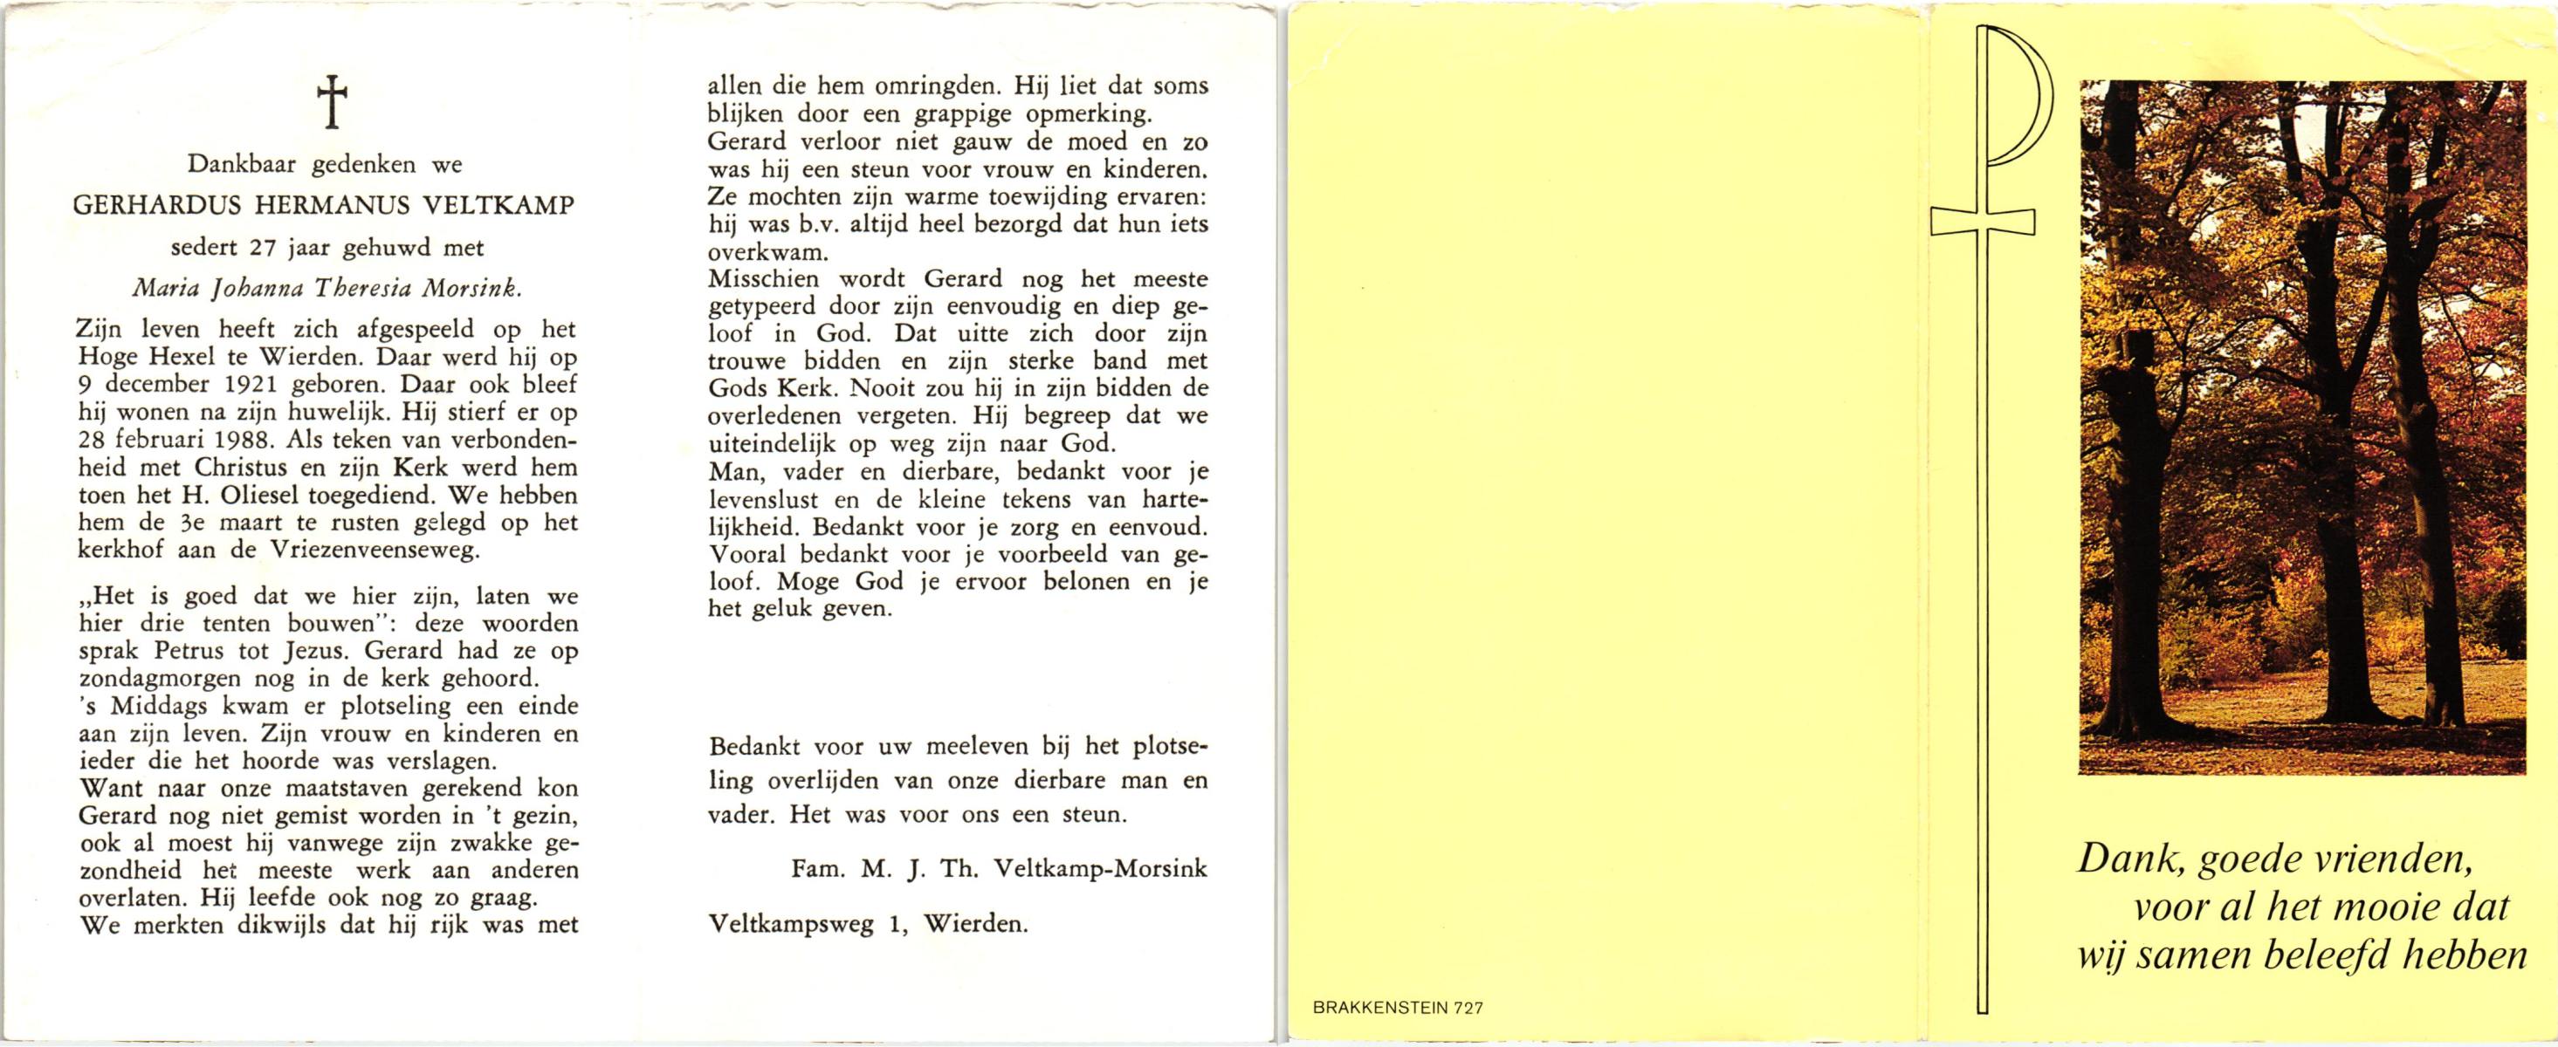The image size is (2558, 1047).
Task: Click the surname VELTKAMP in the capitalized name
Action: pos(503,207)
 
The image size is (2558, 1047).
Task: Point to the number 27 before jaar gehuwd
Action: pos(261,248)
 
